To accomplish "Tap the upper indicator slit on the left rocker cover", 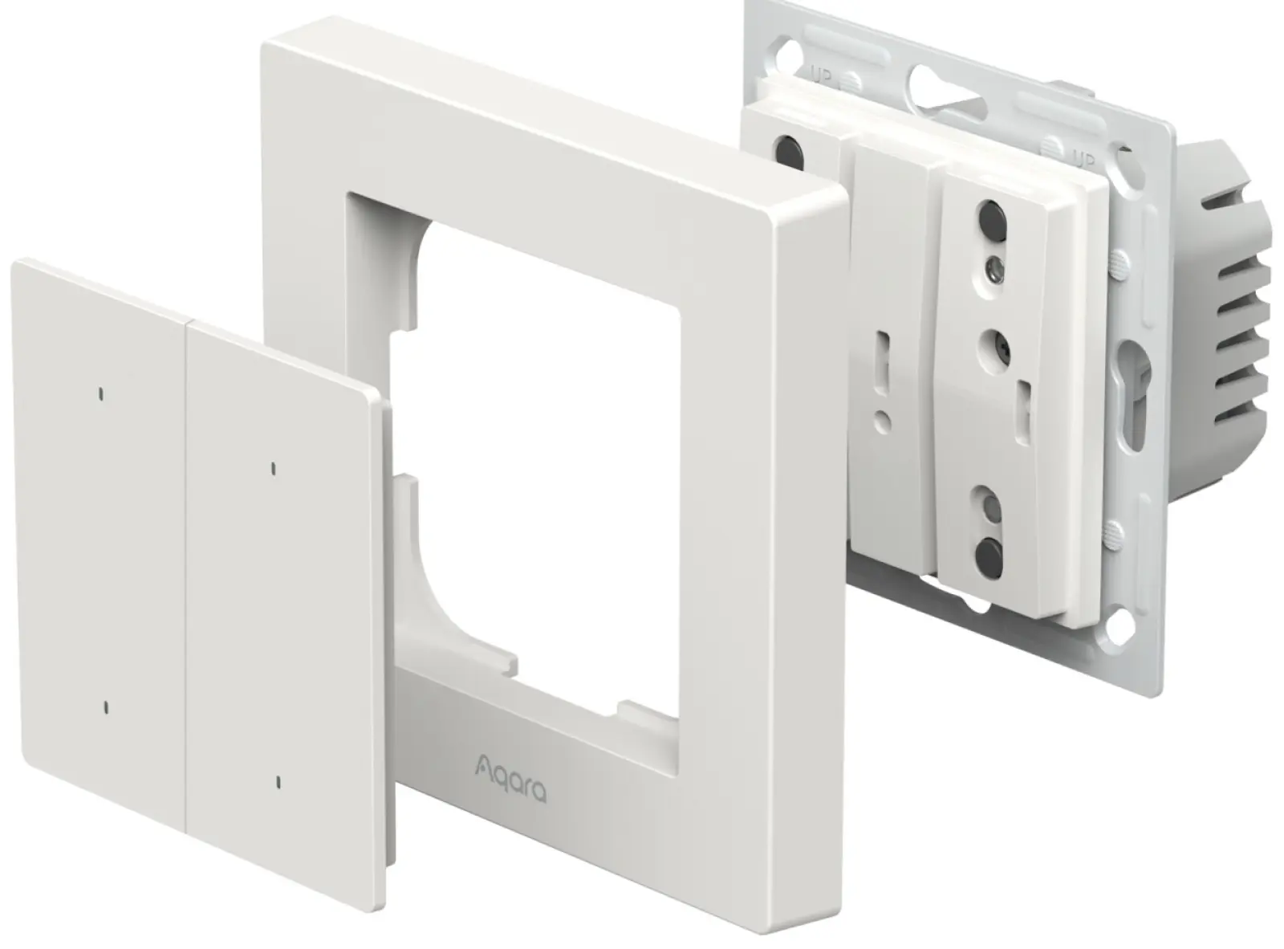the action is pyautogui.click(x=102, y=394).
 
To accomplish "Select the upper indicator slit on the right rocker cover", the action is pyautogui.click(x=273, y=469).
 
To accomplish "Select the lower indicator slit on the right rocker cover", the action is pyautogui.click(x=279, y=783).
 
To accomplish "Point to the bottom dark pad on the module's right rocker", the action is pyautogui.click(x=989, y=552).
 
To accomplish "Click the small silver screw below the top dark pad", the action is pyautogui.click(x=993, y=267).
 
